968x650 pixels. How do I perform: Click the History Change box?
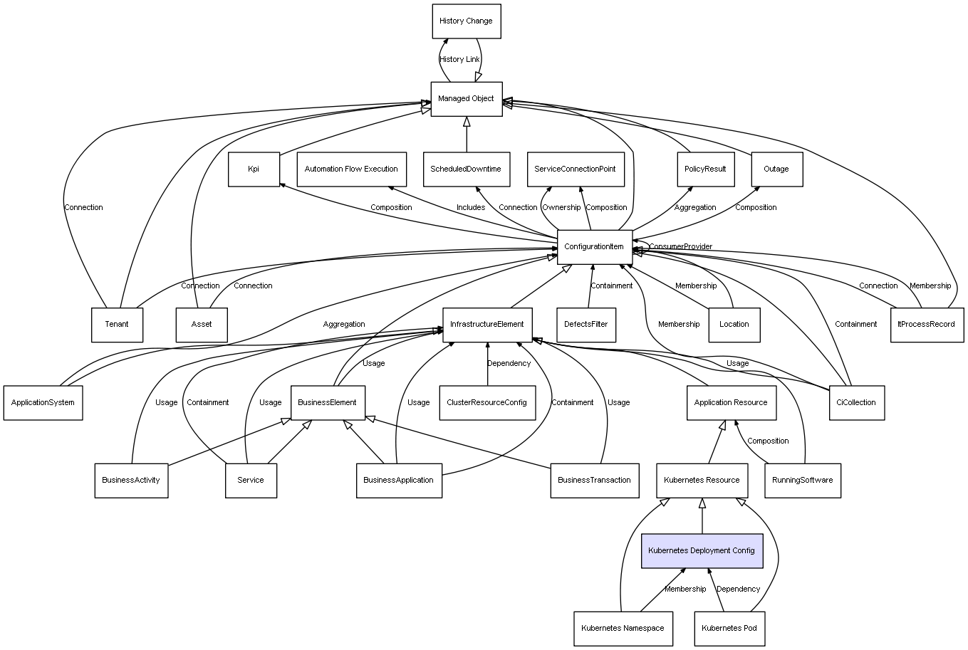(467, 21)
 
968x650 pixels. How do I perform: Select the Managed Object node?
(467, 99)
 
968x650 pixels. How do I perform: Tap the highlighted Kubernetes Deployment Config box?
(702, 550)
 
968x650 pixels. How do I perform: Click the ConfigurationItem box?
(595, 247)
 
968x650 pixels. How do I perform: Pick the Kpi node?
(254, 169)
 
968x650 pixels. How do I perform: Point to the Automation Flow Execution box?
(352, 169)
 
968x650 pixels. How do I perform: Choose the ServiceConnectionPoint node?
(576, 169)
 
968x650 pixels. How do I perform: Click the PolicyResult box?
(706, 169)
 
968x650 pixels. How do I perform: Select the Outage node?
(777, 169)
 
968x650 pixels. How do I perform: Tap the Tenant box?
(117, 325)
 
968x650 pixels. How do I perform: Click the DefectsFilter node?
(586, 325)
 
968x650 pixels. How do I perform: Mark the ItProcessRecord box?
(927, 325)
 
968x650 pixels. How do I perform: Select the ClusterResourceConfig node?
(487, 403)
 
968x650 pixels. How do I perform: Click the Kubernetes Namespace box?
(623, 629)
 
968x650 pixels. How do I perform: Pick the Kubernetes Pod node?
(729, 629)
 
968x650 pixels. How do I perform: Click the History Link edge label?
(459, 60)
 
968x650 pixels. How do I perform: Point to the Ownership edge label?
(561, 208)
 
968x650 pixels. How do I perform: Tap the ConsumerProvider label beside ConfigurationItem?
(681, 246)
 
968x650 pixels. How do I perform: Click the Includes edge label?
(471, 208)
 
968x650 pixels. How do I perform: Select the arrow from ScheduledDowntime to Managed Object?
(467, 135)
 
